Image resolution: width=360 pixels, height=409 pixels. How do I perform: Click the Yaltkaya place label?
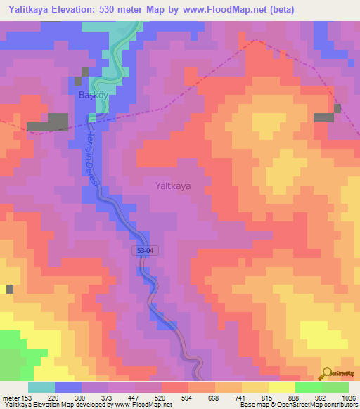click(172, 186)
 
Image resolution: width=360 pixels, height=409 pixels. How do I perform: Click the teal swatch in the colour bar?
click(41, 387)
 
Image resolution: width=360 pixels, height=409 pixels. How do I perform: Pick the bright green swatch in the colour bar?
click(309, 387)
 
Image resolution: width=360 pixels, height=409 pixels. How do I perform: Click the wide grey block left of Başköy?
click(48, 126)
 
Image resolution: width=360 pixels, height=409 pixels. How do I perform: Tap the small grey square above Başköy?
click(86, 72)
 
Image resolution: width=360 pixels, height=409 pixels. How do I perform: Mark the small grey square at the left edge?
click(10, 289)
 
